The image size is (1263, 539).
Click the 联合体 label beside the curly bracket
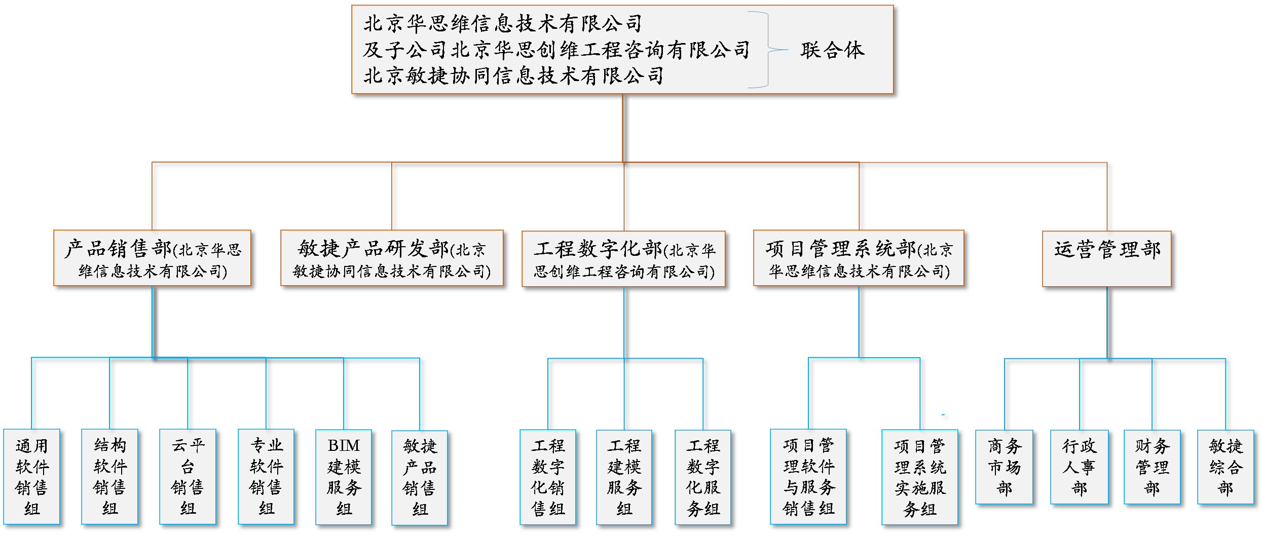[x=832, y=50]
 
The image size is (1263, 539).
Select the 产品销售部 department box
[x=152, y=258]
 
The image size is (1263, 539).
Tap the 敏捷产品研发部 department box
[x=392, y=258]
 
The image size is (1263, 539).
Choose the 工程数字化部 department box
[x=623, y=259]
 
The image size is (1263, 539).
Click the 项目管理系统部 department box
[x=859, y=258]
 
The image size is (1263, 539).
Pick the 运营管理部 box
[x=1106, y=259]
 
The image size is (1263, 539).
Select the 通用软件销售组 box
[x=31, y=476]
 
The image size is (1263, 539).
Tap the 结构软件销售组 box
[x=109, y=476]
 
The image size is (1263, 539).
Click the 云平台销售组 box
[x=188, y=476]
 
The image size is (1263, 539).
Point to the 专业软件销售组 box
[x=266, y=476]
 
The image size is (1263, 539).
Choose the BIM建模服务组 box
[x=344, y=477]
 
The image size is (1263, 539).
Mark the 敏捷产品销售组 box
[x=420, y=477]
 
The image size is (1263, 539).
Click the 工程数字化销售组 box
[x=548, y=477]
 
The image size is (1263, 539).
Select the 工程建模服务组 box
[x=624, y=477]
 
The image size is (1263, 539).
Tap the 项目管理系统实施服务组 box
[x=919, y=477]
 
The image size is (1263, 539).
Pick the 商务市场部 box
[x=1004, y=467]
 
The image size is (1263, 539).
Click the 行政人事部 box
[x=1079, y=467]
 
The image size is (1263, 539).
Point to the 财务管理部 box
[x=1152, y=467]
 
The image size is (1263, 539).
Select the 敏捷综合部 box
[x=1225, y=467]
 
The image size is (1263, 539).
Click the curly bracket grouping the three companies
[x=767, y=50]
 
